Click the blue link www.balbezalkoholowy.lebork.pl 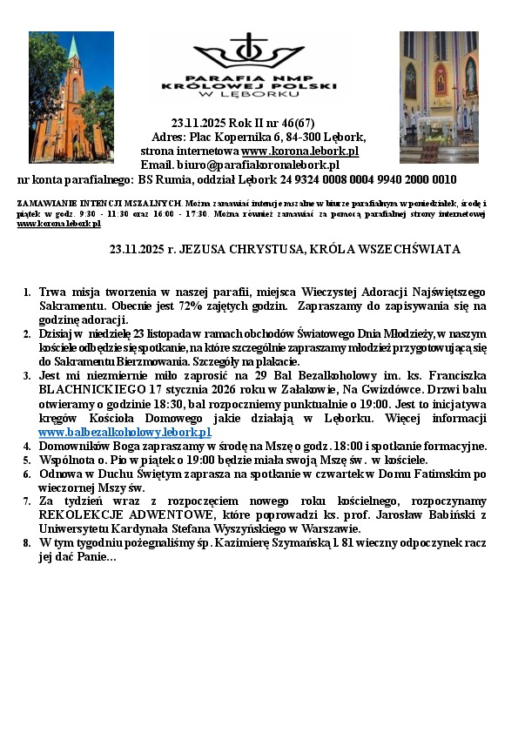pyautogui.click(x=124, y=432)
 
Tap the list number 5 pyautogui.click(x=26, y=460)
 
